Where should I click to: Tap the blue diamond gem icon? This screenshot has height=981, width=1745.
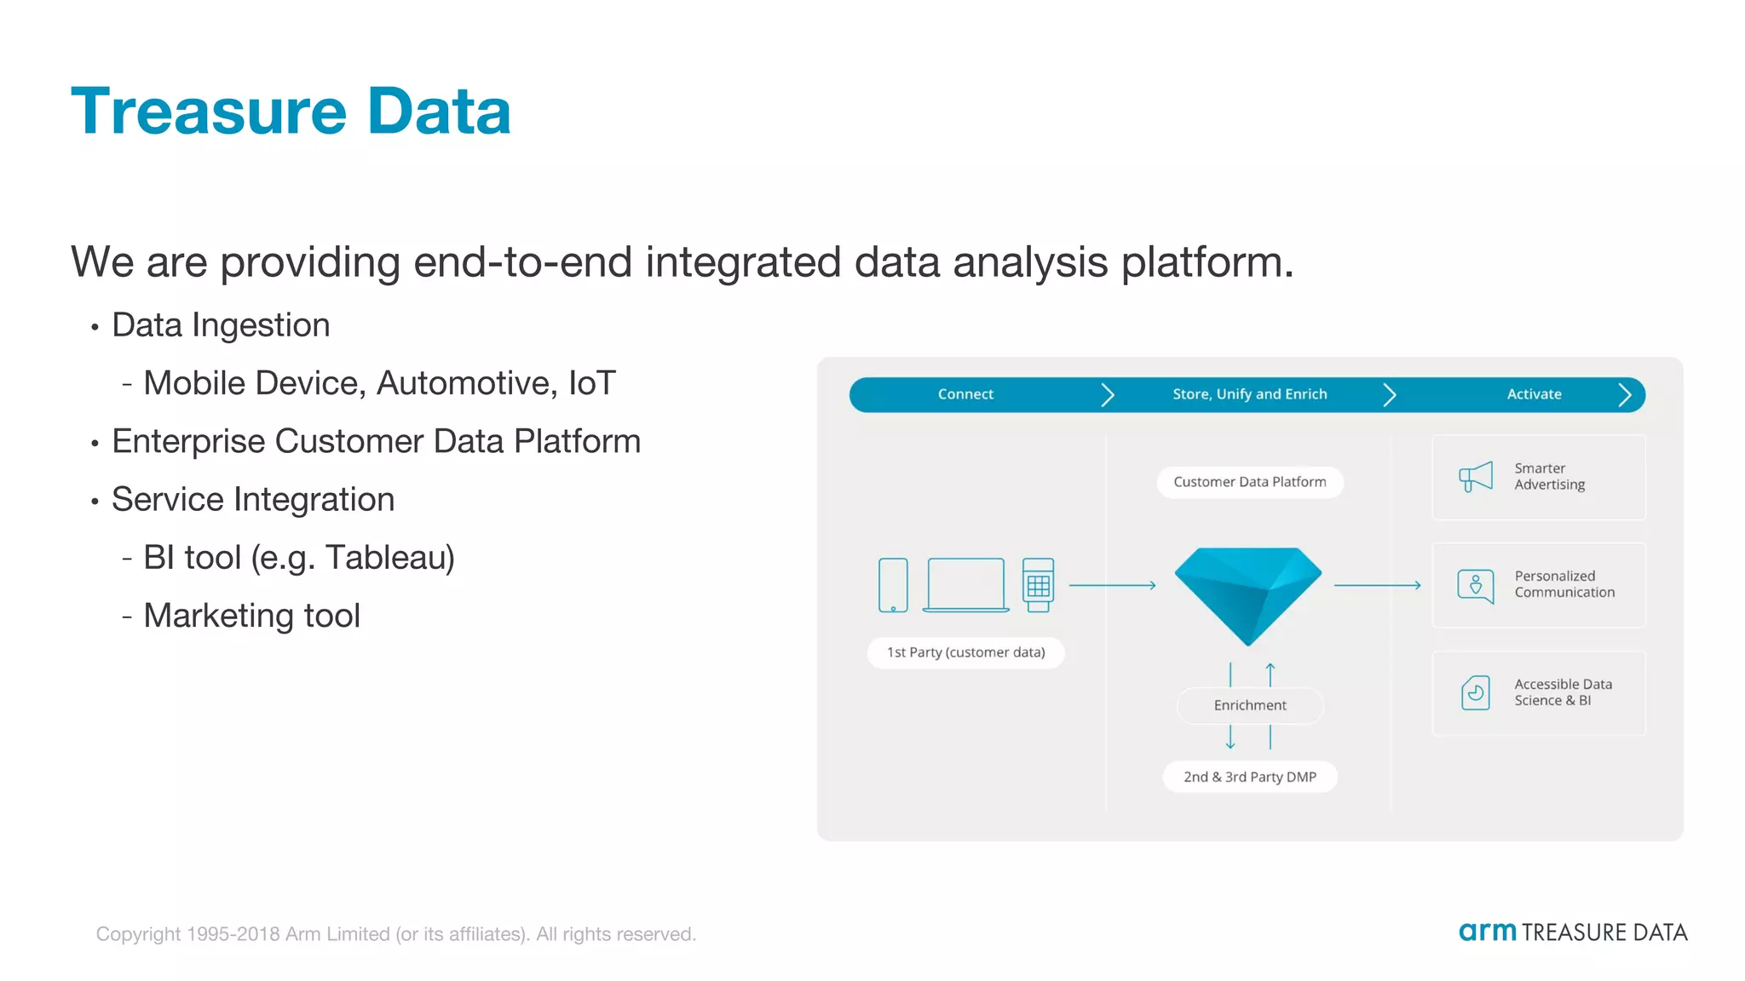tap(1248, 594)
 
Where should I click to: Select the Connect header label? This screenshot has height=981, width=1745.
tap(965, 394)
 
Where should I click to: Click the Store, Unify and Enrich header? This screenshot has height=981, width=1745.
tap(1249, 394)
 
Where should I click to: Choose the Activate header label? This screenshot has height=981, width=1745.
tap(1534, 394)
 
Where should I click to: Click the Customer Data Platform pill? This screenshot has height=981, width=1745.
tap(1249, 482)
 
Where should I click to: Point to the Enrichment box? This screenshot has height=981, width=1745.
tap(1250, 705)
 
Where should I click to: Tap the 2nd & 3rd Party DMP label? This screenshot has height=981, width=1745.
tap(1249, 777)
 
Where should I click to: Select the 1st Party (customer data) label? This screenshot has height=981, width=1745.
tap(965, 652)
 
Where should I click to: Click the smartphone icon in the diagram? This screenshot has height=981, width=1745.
tap(893, 585)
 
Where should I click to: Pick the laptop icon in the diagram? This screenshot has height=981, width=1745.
tap(965, 585)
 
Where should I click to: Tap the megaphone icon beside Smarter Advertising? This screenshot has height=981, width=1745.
tap(1476, 477)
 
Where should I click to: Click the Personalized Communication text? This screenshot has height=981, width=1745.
tap(1564, 584)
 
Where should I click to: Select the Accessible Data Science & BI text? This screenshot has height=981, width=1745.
tap(1562, 692)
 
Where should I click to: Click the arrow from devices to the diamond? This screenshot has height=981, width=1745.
tap(1112, 585)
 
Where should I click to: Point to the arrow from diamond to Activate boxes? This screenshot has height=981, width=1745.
tap(1377, 585)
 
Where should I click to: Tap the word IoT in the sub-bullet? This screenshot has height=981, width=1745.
tap(591, 383)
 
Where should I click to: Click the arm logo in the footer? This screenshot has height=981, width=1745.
tap(1488, 932)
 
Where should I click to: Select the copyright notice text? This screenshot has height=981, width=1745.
tap(395, 934)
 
